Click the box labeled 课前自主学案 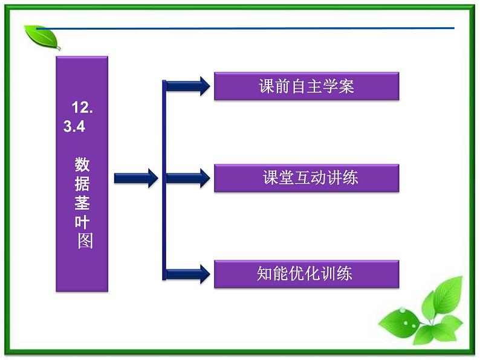[x=306, y=86]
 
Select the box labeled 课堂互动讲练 [x=306, y=178]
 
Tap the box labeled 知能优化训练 [x=306, y=274]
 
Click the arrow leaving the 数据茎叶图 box [x=135, y=178]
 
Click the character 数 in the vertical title [x=83, y=164]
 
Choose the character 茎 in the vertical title [x=83, y=203]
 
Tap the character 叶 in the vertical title [x=83, y=222]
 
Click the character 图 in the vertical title [x=85, y=242]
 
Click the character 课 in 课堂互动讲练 [x=270, y=178]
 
